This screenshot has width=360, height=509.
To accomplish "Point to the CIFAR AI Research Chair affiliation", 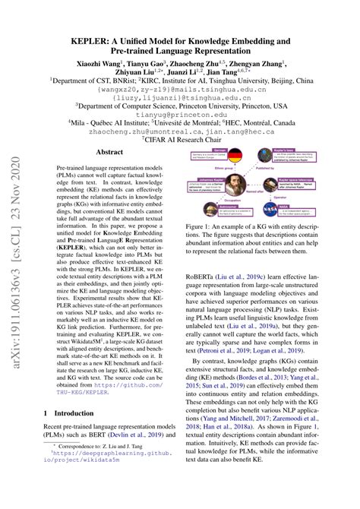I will click(x=180, y=140).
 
